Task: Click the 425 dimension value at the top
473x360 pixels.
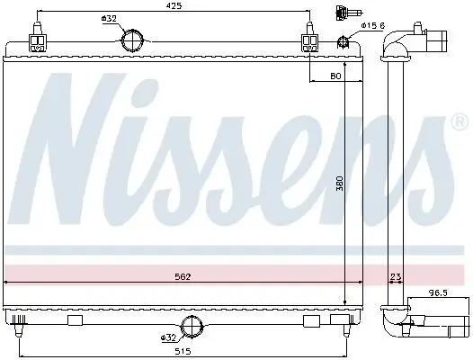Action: click(x=174, y=6)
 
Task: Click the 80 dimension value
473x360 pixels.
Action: click(x=335, y=77)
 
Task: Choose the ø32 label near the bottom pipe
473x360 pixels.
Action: click(x=167, y=337)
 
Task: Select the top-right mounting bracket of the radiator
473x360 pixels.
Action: click(x=309, y=41)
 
